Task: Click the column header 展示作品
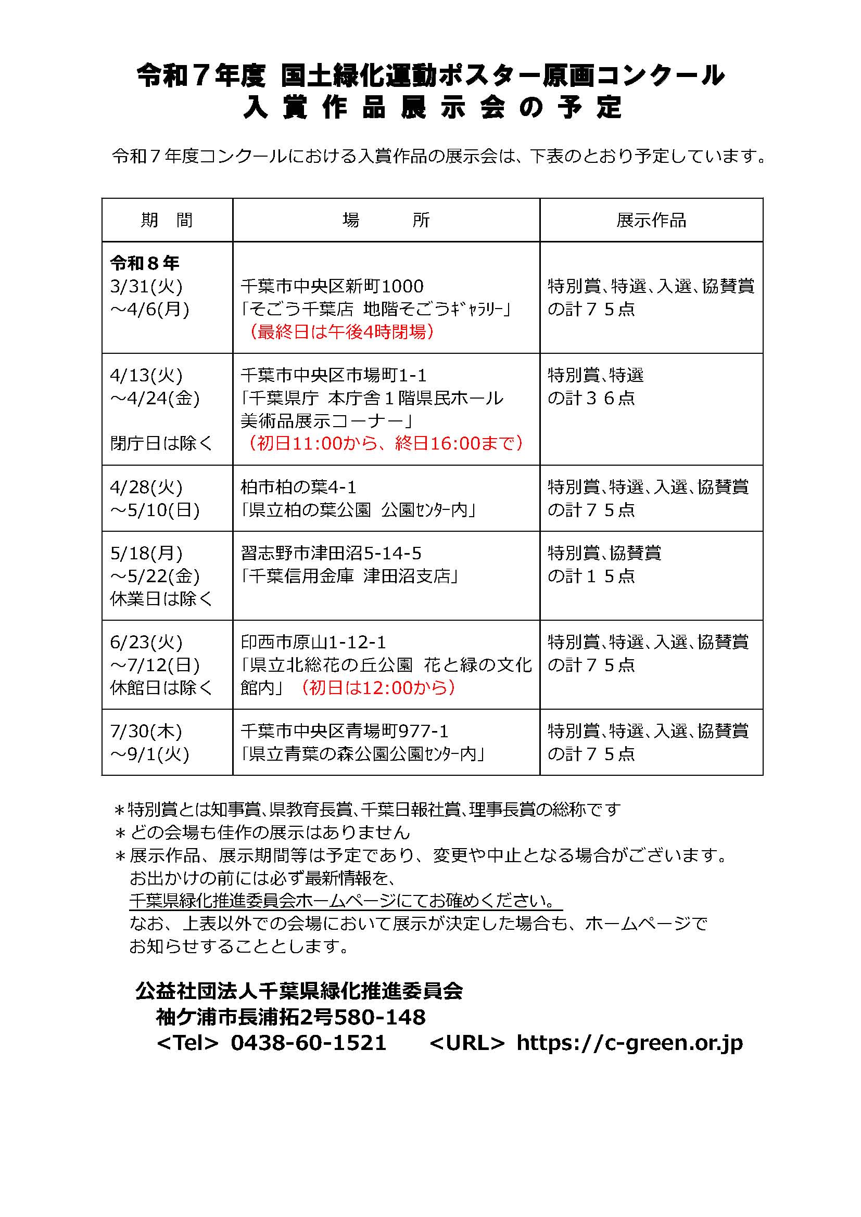651,220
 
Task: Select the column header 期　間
167,220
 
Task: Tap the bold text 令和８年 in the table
145,263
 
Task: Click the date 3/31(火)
146,286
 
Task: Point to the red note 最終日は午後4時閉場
341,332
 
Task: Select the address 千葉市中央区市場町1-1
334,375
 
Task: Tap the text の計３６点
591,398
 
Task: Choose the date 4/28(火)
146,486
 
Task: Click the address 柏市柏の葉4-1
298,486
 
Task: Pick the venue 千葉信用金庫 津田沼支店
350,575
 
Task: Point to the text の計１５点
591,575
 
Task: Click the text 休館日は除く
161,687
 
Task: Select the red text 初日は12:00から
377,687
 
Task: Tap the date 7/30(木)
146,731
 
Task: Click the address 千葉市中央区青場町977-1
345,731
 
